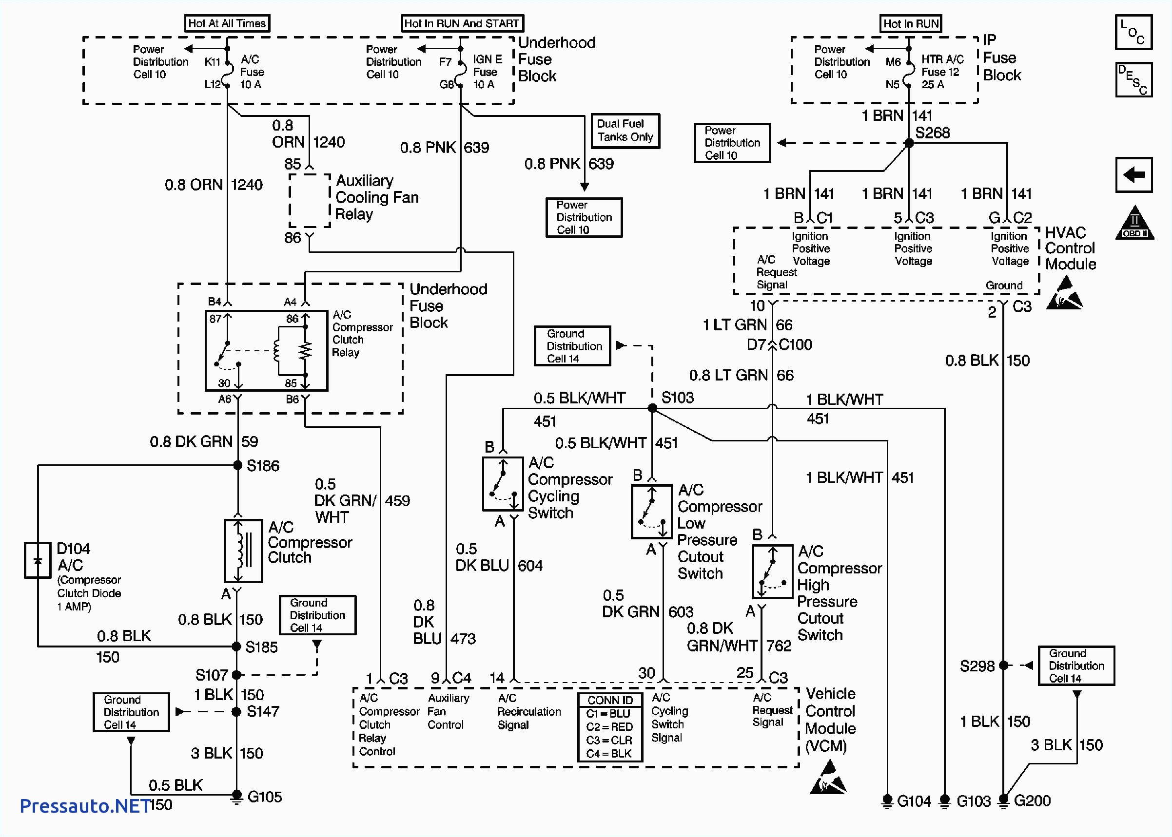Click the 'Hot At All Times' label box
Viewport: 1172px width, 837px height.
227,23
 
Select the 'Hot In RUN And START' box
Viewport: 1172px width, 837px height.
463,23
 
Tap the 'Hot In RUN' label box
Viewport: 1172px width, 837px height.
911,24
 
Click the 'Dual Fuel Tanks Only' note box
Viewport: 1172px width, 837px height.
625,131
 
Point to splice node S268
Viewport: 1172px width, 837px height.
909,143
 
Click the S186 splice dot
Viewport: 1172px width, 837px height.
238,465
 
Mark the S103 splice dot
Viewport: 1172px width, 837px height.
652,408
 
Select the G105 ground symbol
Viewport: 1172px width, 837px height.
236,797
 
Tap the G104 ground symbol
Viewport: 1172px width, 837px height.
887,801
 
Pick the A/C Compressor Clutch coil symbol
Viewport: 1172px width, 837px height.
243,551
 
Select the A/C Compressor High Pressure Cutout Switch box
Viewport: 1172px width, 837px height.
772,571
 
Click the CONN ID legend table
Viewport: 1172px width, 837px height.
610,727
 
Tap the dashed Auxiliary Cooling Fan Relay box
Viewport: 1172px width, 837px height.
310,201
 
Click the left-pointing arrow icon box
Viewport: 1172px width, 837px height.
1133,175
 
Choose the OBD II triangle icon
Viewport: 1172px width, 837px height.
1134,223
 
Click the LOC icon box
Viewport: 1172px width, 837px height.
1133,33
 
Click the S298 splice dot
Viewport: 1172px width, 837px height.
1003,666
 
